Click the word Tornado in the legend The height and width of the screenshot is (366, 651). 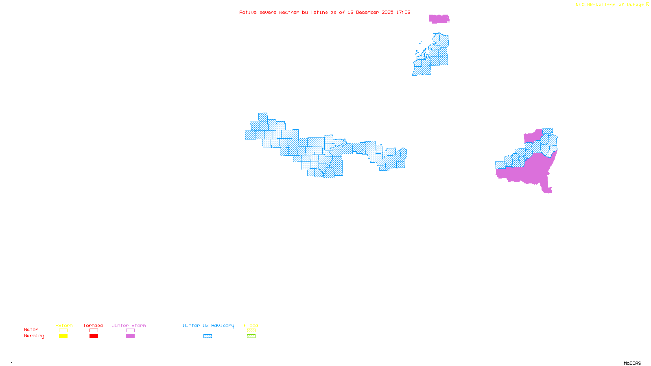(x=93, y=325)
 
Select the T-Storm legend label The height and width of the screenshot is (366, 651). (x=63, y=325)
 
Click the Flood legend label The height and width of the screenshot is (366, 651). (x=251, y=325)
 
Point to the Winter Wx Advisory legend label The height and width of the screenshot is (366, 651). (x=208, y=325)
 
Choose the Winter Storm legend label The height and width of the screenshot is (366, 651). (x=129, y=325)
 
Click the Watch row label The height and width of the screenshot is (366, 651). (x=31, y=329)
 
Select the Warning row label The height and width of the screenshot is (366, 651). (x=34, y=336)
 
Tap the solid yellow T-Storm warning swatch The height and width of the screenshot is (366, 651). (x=63, y=336)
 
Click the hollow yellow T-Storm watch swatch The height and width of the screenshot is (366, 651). (x=63, y=331)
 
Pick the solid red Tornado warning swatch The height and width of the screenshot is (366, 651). (x=94, y=336)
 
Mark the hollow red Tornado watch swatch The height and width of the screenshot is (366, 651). (x=94, y=331)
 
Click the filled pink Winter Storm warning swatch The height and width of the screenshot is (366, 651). (x=130, y=336)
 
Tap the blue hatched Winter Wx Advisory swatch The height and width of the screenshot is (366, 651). (x=208, y=336)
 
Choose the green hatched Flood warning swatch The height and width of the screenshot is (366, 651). (x=251, y=336)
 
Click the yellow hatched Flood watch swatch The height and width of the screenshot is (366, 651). (x=251, y=331)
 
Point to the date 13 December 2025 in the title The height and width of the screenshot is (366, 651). (x=370, y=12)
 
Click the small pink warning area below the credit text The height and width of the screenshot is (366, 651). (x=439, y=19)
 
